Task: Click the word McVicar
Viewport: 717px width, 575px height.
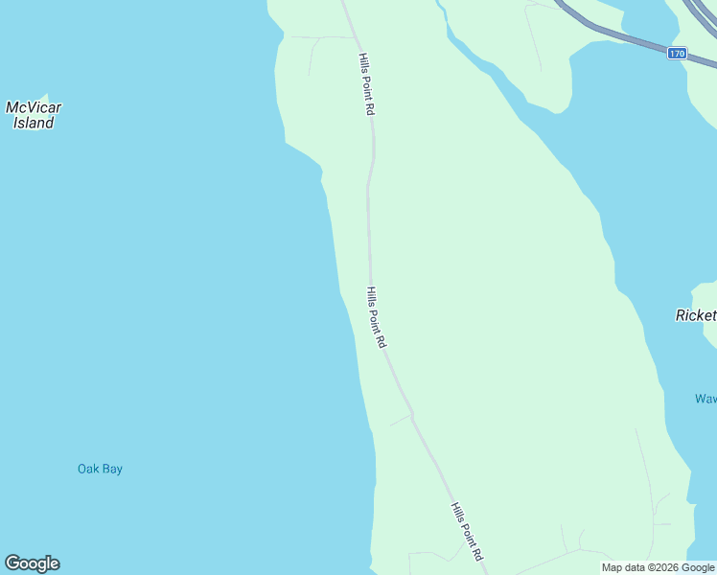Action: click(34, 107)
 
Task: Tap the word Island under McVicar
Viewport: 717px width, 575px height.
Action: click(34, 123)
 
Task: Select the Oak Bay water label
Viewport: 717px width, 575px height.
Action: click(100, 469)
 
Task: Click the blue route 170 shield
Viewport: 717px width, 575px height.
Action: click(677, 54)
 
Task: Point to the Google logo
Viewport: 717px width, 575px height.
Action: click(32, 563)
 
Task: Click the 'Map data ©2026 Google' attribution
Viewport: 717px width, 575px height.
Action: click(658, 567)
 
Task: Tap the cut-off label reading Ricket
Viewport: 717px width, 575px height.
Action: click(696, 315)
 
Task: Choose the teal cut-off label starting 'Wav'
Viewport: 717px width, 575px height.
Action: click(705, 399)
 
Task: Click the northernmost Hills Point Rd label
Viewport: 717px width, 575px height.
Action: click(365, 84)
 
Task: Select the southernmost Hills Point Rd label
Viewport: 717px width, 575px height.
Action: click(467, 533)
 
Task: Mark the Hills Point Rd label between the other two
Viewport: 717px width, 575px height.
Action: click(376, 316)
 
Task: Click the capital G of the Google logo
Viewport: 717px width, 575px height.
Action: click(12, 563)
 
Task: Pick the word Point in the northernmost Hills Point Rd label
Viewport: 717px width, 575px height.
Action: click(365, 86)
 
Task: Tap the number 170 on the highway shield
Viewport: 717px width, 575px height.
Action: click(677, 54)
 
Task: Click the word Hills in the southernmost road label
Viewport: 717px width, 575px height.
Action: click(456, 512)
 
